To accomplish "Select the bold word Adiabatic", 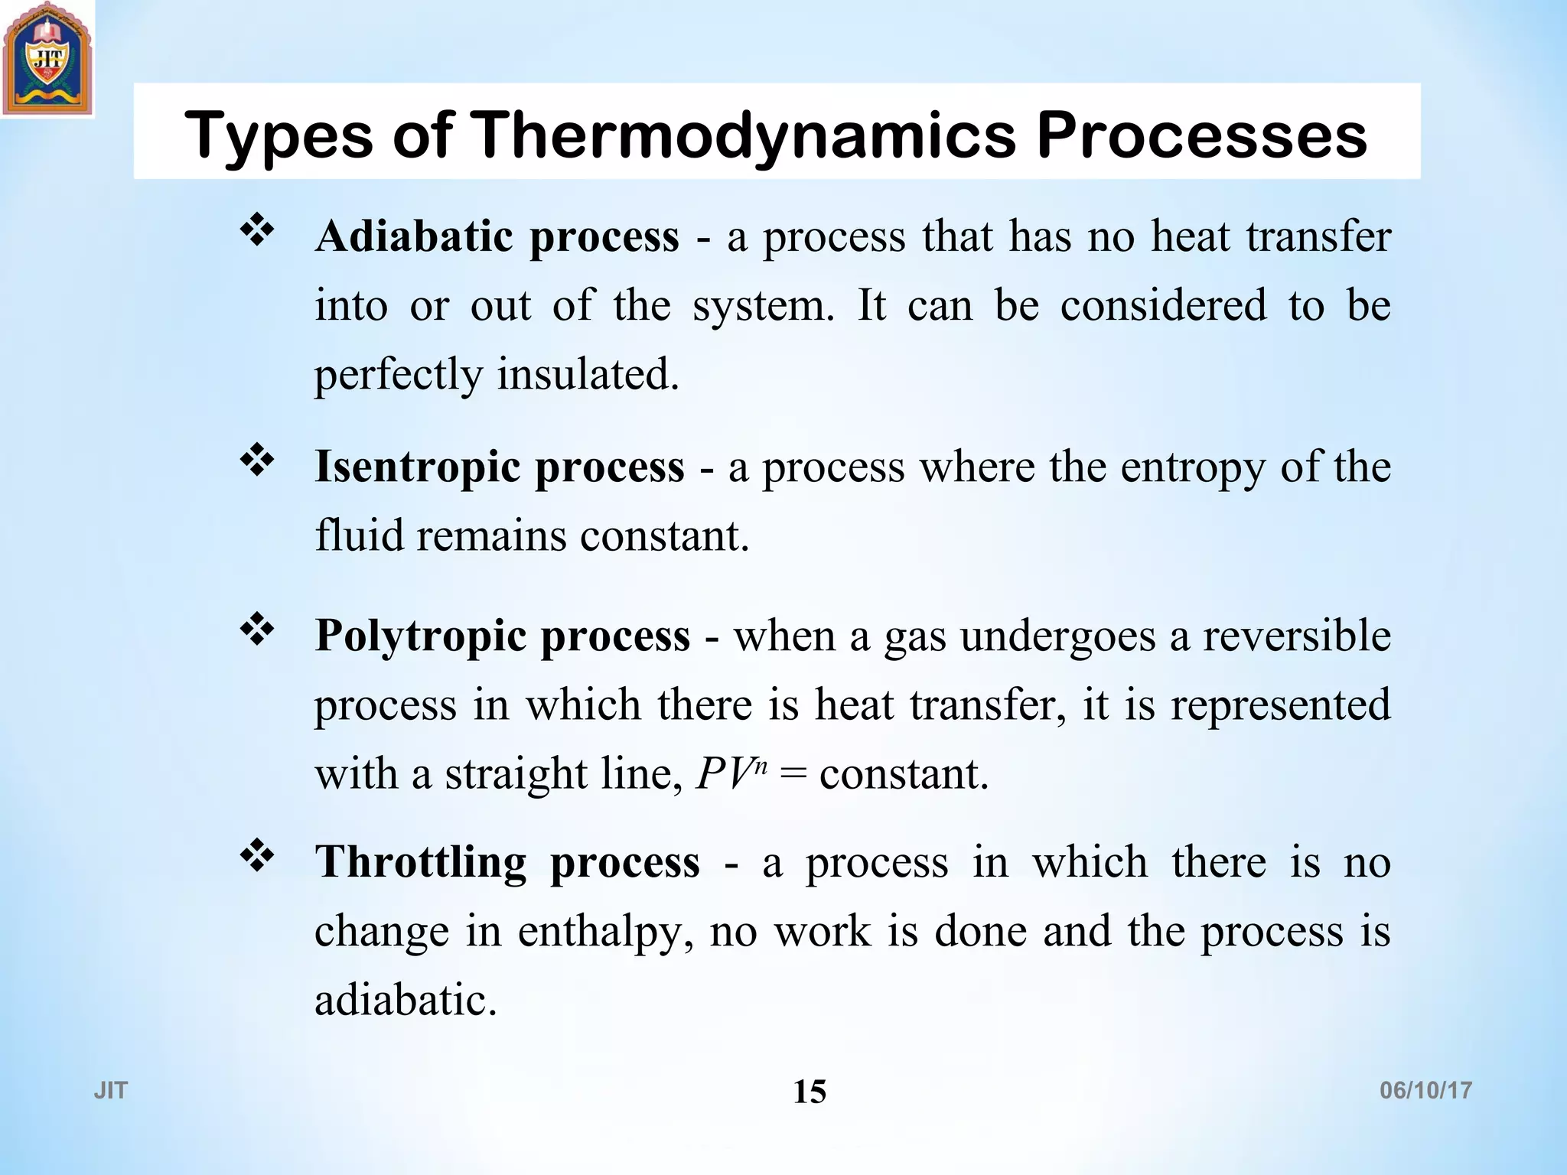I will pos(414,236).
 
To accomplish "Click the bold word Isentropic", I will pos(417,467).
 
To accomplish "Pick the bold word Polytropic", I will pos(420,636).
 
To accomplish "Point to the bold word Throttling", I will pos(421,862).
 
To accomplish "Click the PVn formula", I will pos(731,774).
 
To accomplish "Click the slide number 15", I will pos(810,1092).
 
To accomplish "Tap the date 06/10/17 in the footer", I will pos(1425,1090).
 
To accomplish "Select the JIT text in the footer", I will pos(111,1090).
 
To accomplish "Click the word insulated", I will pos(588,375).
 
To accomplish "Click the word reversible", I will pos(1296,636).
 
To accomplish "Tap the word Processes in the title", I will pos(1201,135).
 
